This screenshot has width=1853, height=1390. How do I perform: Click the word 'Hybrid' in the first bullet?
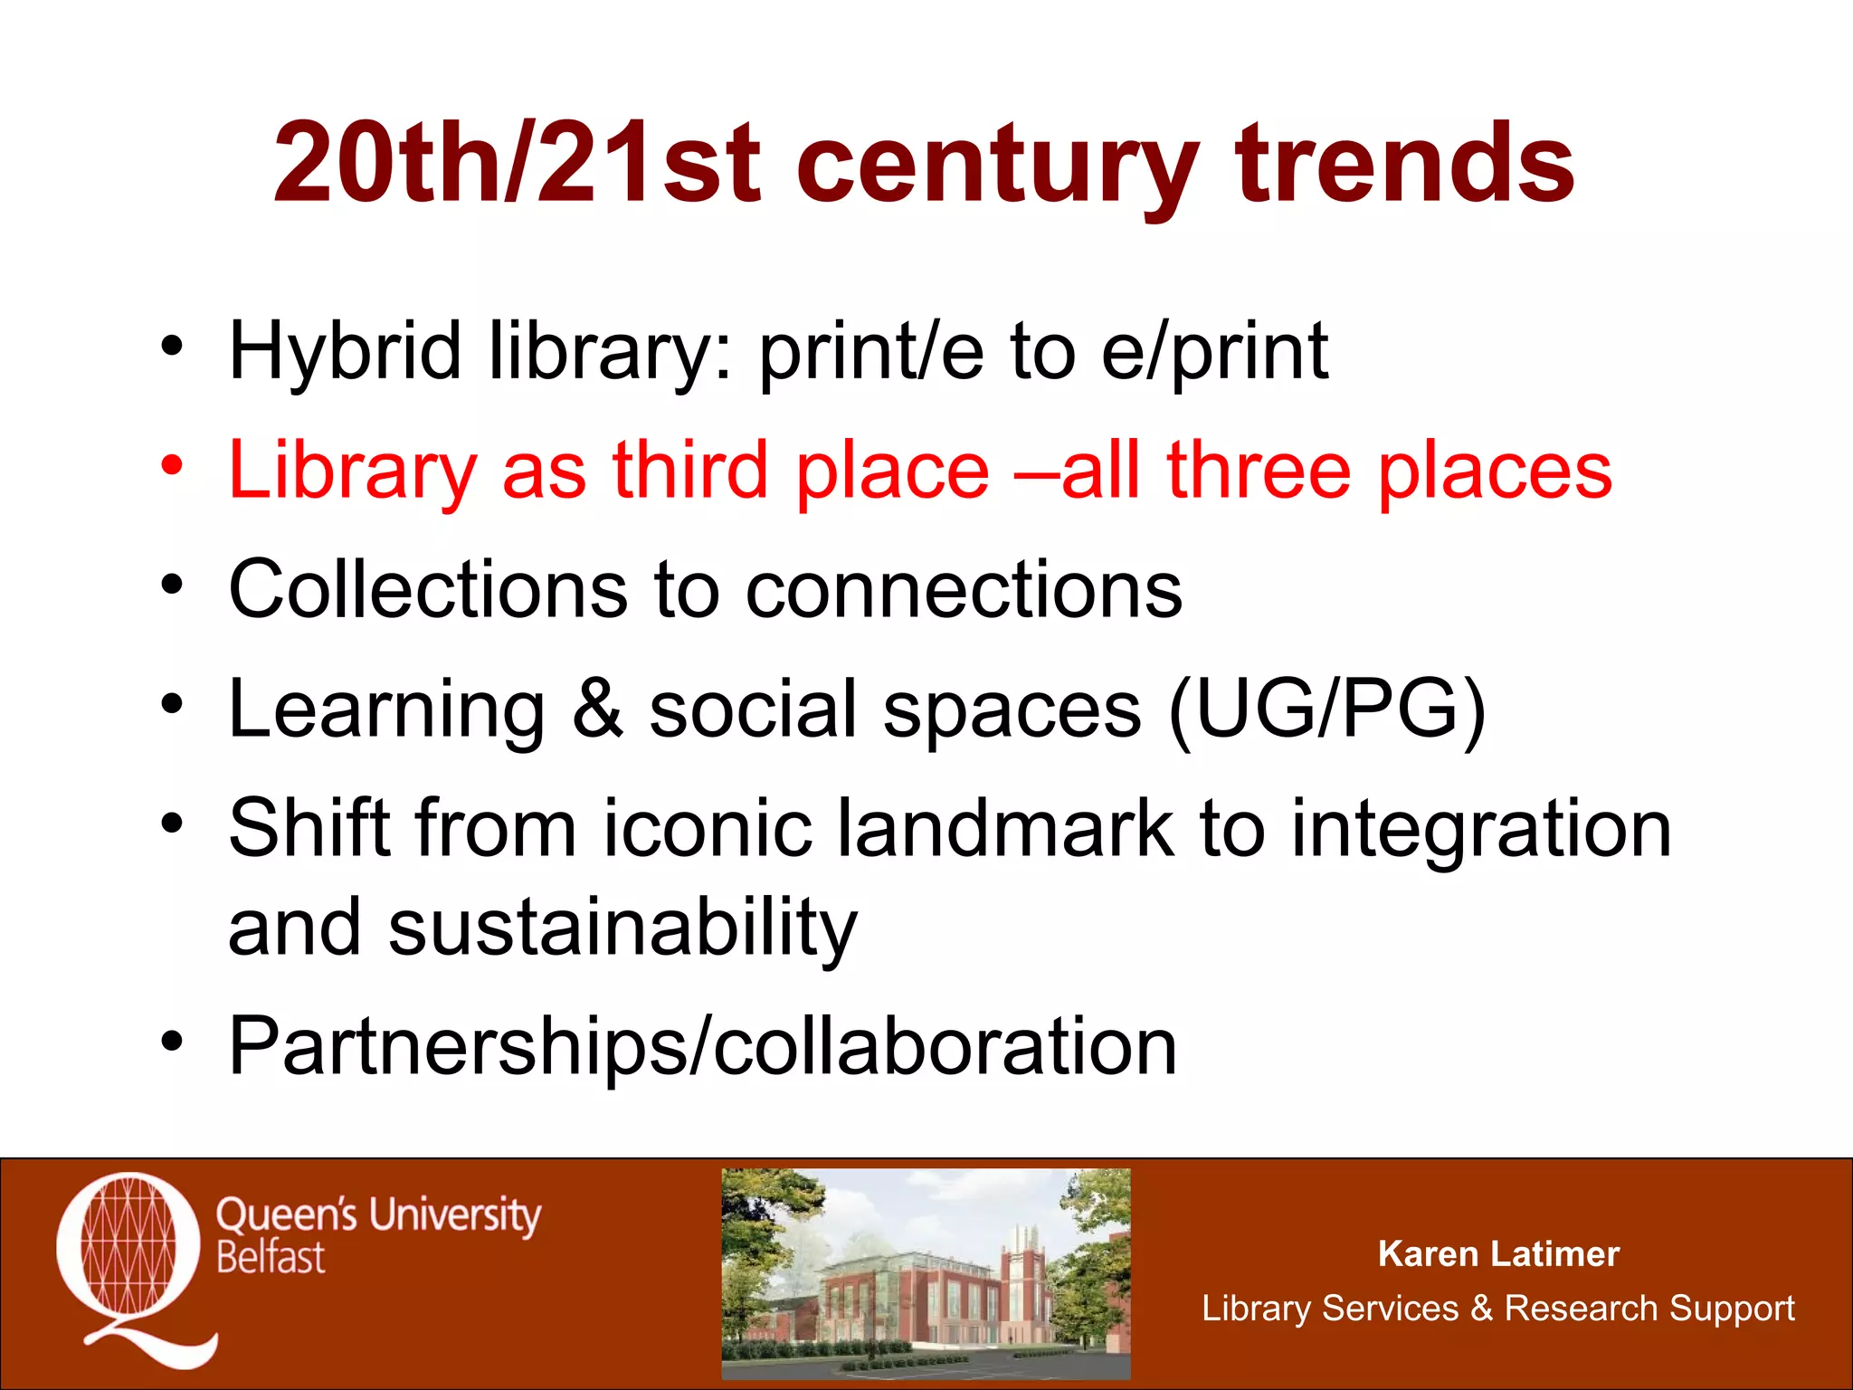(345, 353)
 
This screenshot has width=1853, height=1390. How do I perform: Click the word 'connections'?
(964, 589)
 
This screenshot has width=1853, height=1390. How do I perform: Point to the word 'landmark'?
(1004, 828)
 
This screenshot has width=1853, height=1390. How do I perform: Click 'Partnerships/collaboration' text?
(702, 1048)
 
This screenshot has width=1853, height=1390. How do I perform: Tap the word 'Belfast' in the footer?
(271, 1259)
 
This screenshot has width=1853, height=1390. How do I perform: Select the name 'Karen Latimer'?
(1497, 1254)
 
